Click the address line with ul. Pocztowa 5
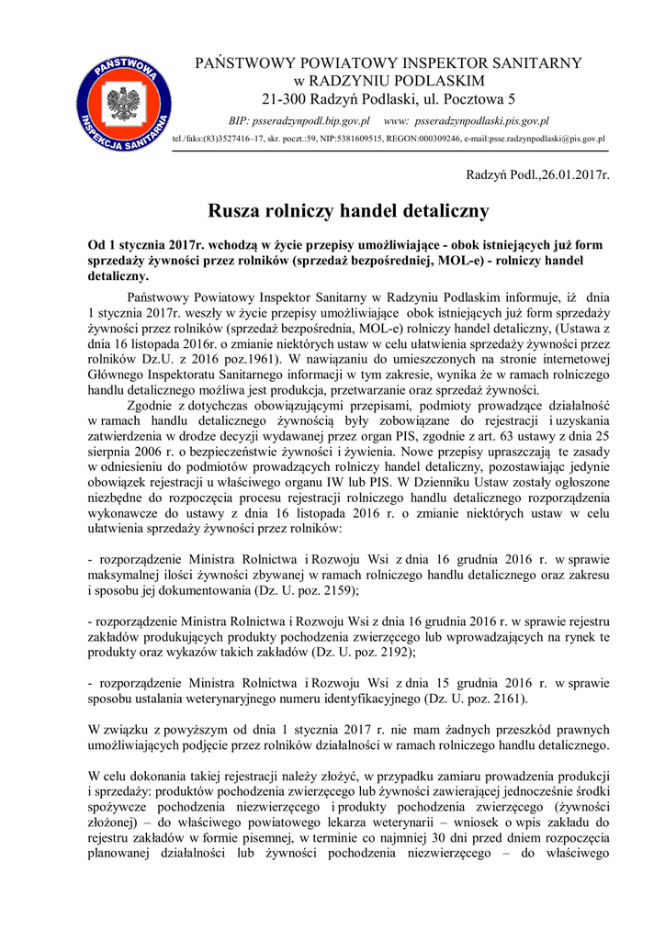(x=389, y=98)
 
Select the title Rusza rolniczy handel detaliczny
(x=349, y=211)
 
